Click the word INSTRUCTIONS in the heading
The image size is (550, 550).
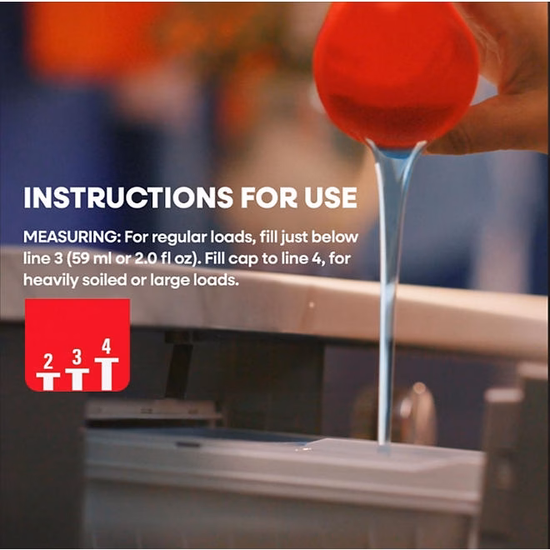coord(128,197)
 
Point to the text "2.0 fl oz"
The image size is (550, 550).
coord(164,259)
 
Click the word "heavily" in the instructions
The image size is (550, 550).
coord(50,281)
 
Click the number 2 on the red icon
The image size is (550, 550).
coord(48,362)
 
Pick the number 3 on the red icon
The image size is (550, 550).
coord(77,357)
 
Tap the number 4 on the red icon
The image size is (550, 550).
coord(107,346)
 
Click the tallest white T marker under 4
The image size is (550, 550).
coord(107,374)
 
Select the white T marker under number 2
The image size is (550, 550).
coord(48,382)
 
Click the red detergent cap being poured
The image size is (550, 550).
coord(396,75)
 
